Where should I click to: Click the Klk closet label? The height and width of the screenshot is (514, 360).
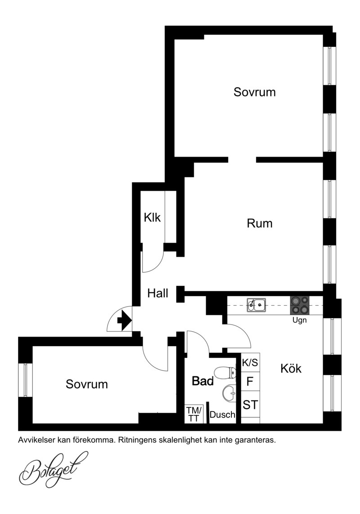152,217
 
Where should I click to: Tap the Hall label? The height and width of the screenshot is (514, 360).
157,293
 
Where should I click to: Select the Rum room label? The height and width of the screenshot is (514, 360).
259,223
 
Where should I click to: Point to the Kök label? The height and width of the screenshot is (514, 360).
291,368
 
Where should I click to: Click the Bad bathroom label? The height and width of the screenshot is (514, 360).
202,381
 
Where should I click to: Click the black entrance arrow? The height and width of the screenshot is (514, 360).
124,320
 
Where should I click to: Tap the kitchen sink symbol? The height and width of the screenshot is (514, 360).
256,305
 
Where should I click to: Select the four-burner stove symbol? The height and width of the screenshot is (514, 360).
299,305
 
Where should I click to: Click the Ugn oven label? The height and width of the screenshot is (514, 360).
299,320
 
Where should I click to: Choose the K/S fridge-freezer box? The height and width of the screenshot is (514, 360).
250,363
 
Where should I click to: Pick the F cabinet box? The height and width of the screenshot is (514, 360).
250,381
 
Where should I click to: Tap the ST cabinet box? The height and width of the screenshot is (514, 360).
250,405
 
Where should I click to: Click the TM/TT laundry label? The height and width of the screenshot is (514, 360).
194,414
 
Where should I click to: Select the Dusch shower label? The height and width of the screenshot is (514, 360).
222,415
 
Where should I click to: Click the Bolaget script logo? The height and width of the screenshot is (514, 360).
54,469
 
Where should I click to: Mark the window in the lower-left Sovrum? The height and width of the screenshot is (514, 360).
25,380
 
